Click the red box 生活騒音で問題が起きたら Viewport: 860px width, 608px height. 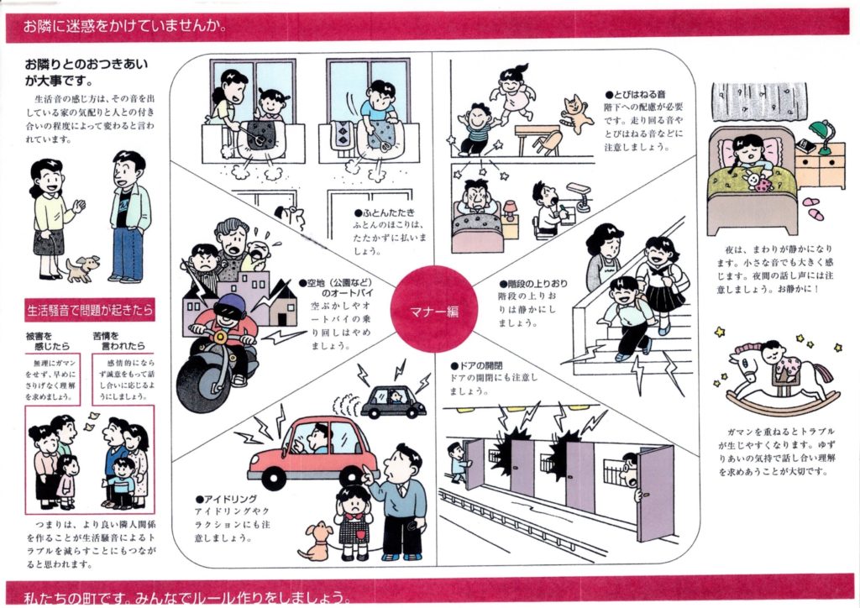90,309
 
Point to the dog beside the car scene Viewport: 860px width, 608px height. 317,542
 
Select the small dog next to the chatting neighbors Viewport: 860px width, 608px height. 81,269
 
